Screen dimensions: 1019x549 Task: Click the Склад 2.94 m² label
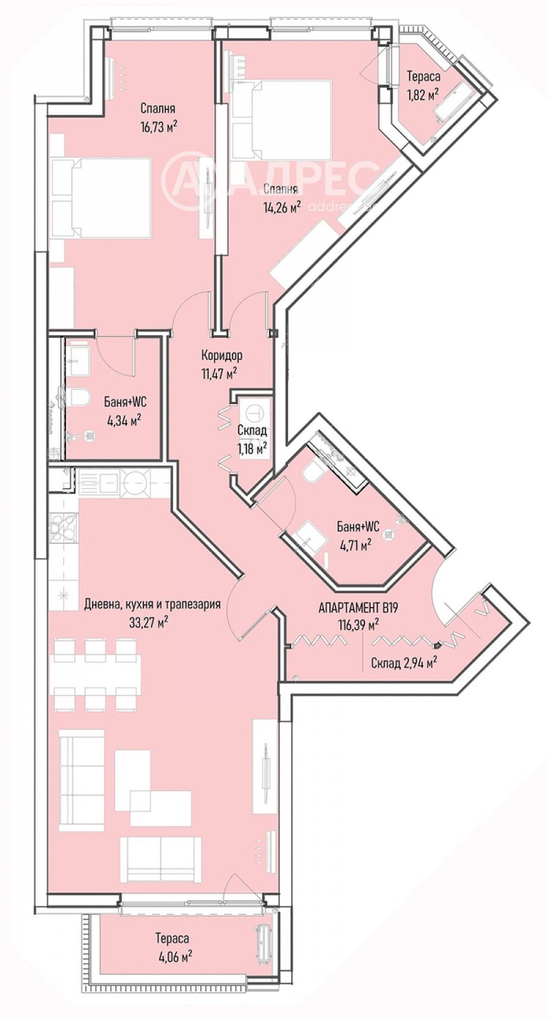[x=404, y=663]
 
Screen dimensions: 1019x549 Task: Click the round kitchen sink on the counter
[x=135, y=481]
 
